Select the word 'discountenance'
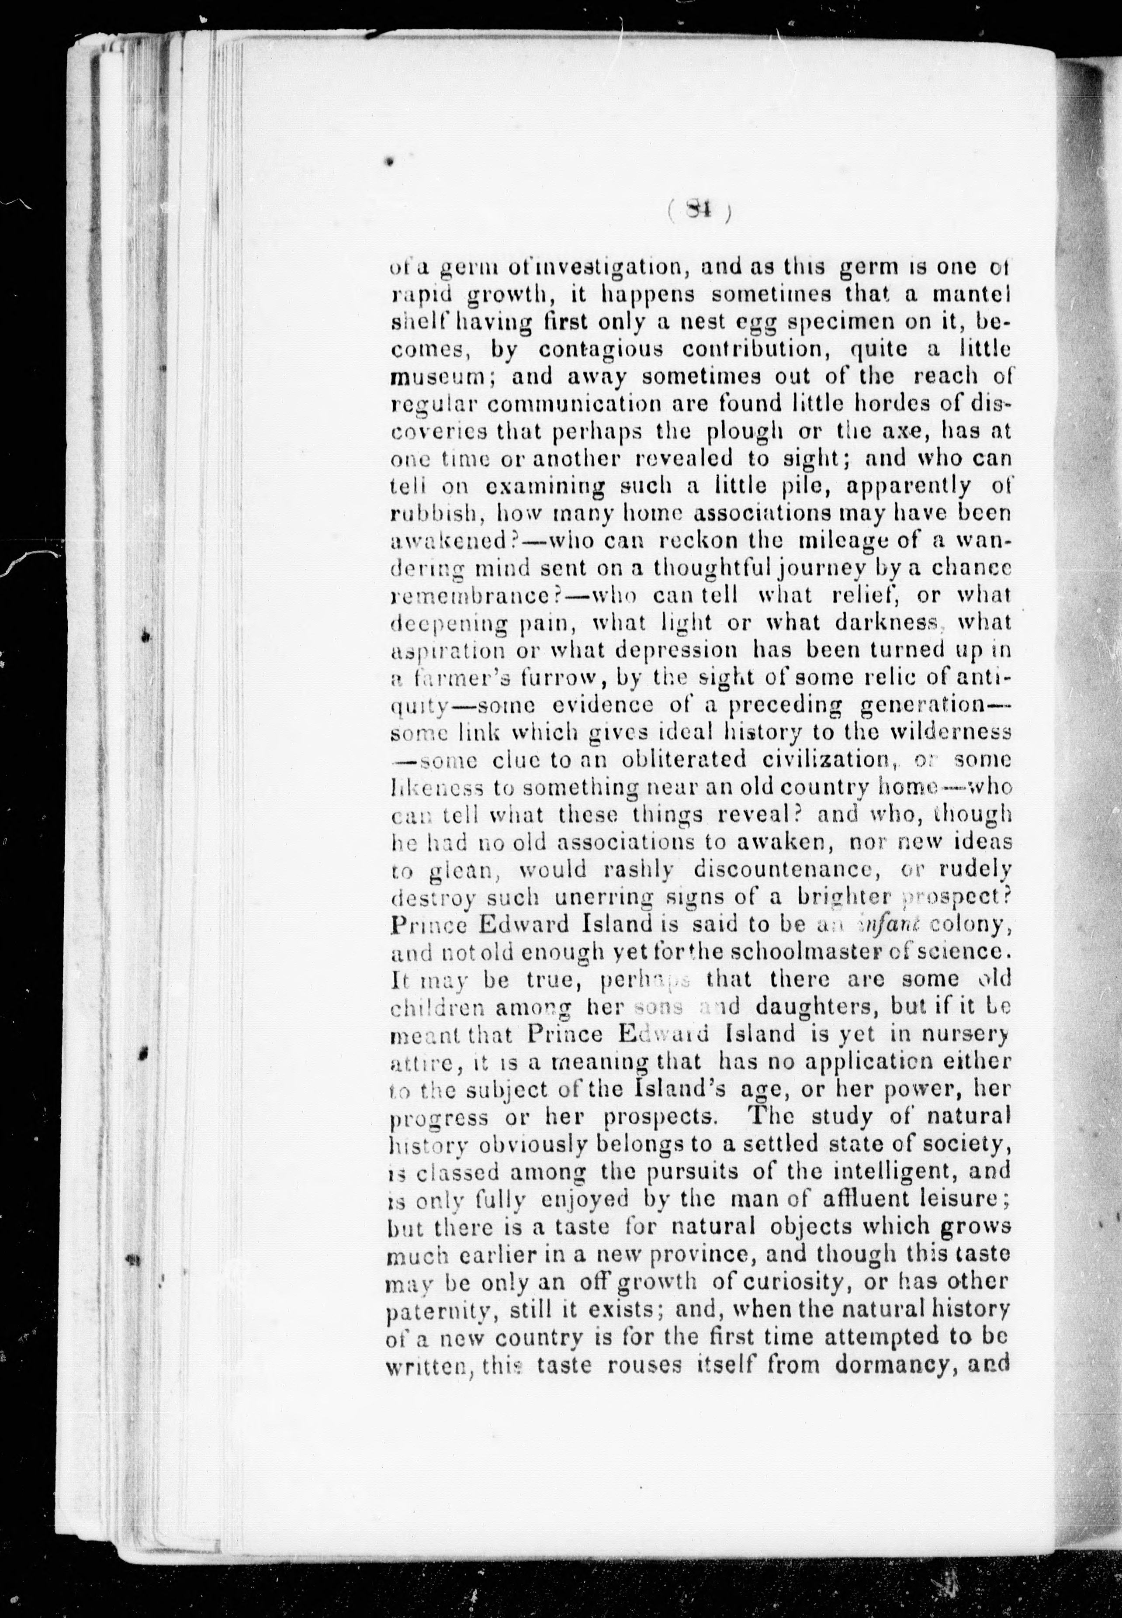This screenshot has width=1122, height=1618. pos(787,869)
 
